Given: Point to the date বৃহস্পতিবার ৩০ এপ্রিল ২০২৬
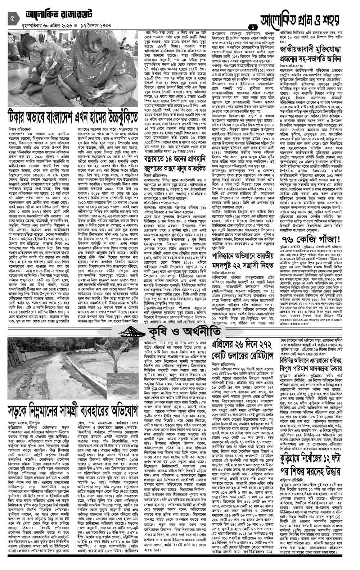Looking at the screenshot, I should coord(46,26).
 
